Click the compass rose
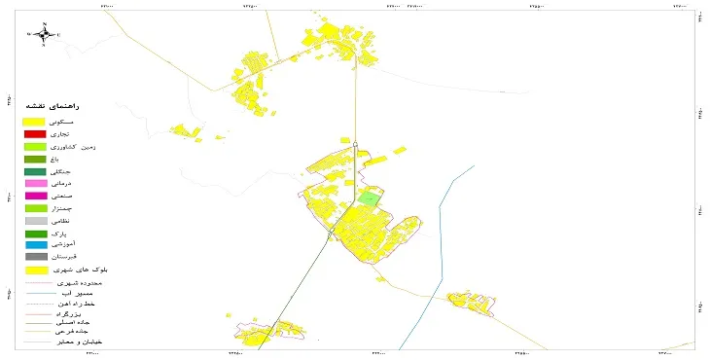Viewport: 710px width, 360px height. coord(45,34)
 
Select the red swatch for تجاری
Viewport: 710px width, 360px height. coord(35,133)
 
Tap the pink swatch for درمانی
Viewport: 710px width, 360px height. coord(35,183)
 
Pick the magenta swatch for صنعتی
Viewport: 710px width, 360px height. coord(35,196)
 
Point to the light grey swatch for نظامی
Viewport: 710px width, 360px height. coord(35,221)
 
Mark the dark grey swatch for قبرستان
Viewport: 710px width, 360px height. coord(35,257)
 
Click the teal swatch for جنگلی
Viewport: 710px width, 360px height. coord(35,171)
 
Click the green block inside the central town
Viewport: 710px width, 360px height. coord(369,198)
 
